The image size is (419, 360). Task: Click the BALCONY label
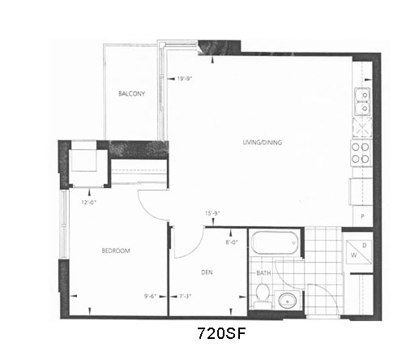131,94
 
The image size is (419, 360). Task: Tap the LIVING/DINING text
263,142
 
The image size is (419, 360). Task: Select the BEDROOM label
116,251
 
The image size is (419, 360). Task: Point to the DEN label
207,272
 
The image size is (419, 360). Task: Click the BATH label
263,273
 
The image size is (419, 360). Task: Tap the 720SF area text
221,333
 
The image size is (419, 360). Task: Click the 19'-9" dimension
185,79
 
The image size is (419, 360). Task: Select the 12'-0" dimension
89,202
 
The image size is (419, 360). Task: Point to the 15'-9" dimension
212,213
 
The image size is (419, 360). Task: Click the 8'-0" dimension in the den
232,242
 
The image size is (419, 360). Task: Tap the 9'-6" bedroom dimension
151,296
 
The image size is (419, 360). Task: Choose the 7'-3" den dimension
185,296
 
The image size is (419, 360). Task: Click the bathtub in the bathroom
275,242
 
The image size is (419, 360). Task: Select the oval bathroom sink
288,300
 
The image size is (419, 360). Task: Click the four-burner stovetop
361,152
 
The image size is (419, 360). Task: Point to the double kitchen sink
362,101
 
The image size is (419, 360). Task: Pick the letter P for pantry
362,216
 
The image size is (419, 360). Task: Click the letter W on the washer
353,255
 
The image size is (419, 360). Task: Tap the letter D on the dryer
365,246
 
